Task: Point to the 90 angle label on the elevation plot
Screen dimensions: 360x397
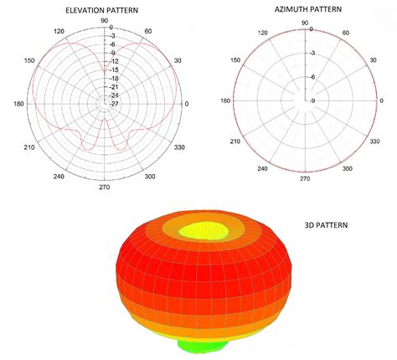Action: point(103,20)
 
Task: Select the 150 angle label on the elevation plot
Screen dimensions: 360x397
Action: point(29,61)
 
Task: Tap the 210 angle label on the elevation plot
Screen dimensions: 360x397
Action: point(29,147)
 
